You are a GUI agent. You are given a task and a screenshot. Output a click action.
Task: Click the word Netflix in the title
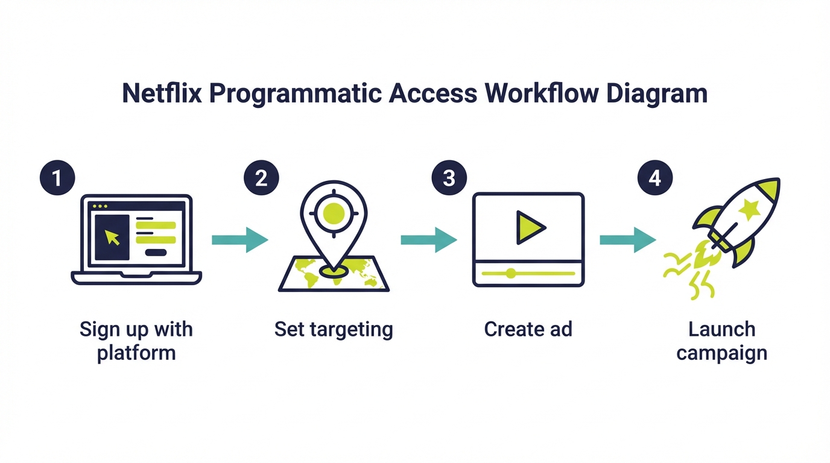click(x=163, y=95)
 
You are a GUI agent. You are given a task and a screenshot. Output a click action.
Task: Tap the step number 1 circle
click(x=57, y=178)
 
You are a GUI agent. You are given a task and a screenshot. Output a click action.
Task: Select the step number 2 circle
click(x=261, y=178)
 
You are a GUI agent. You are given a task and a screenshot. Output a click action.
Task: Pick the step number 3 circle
click(x=449, y=178)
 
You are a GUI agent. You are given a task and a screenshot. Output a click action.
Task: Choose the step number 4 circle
click(x=654, y=178)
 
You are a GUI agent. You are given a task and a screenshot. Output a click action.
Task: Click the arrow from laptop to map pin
click(x=239, y=240)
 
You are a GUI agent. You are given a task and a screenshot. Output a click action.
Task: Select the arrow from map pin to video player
click(x=428, y=240)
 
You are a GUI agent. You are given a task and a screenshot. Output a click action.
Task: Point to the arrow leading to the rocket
click(x=627, y=240)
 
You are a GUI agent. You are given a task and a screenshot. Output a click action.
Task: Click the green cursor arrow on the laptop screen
click(x=112, y=237)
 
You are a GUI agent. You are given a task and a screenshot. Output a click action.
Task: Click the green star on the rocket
click(x=750, y=210)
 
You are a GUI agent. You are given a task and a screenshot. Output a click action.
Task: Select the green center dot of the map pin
click(x=334, y=213)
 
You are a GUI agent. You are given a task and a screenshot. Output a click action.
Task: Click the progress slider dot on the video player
click(x=511, y=273)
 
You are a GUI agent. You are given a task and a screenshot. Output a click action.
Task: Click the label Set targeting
click(x=334, y=329)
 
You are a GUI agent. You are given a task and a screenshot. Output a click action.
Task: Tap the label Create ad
click(x=528, y=329)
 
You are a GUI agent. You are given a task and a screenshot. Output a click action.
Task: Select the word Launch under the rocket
click(x=721, y=329)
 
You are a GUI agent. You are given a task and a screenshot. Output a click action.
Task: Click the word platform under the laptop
click(x=136, y=352)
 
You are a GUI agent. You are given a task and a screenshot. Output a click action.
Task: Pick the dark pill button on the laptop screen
click(x=156, y=252)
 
